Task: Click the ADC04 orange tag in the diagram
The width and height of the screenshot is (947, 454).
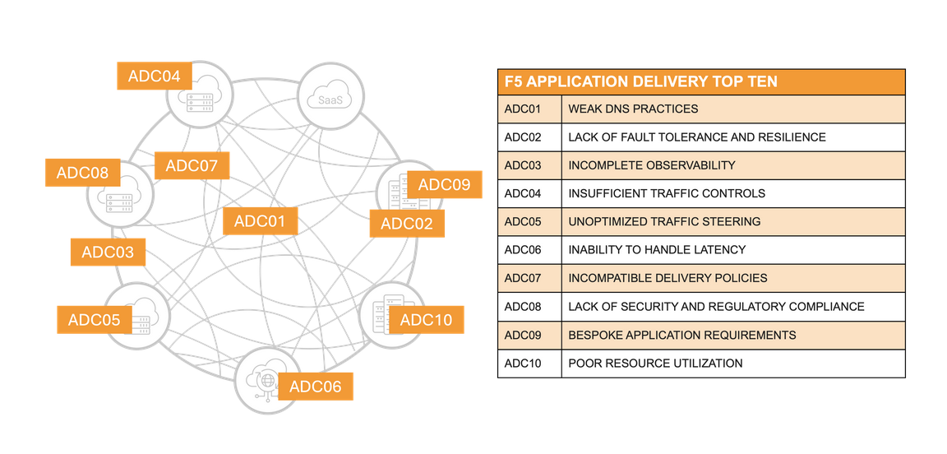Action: (155, 76)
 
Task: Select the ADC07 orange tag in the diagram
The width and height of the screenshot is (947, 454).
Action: (192, 166)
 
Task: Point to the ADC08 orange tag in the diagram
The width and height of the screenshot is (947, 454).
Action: (82, 174)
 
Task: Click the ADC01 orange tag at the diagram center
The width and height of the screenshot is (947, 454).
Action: (260, 221)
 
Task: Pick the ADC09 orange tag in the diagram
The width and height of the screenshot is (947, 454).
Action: (444, 185)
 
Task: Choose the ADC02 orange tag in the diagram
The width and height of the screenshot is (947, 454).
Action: (407, 224)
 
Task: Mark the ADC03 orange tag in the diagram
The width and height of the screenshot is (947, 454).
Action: (108, 252)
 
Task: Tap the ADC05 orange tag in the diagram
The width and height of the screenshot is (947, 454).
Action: (95, 320)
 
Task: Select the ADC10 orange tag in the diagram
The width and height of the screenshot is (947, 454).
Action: (426, 320)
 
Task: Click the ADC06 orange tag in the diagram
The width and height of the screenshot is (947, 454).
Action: (316, 387)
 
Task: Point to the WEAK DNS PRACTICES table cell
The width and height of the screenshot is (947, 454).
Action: (633, 109)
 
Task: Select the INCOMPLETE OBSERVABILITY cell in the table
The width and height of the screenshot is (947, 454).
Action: (651, 165)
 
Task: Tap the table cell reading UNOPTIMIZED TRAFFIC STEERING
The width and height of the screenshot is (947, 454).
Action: (664, 221)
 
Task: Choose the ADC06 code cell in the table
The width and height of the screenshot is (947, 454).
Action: (523, 249)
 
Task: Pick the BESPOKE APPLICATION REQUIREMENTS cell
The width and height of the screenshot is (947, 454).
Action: (681, 335)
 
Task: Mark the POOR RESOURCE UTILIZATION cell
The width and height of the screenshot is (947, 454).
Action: (655, 364)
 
